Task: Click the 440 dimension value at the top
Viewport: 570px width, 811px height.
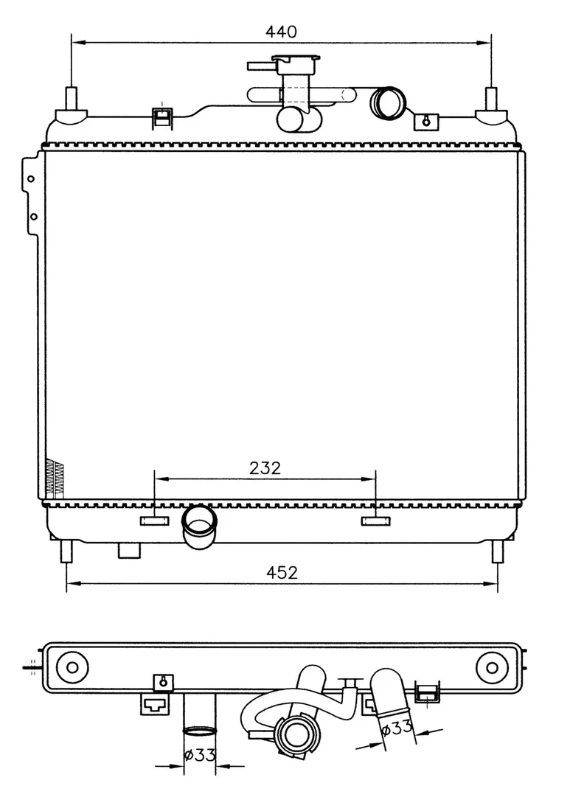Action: pos(282,32)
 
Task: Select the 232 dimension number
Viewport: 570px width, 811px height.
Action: pos(265,467)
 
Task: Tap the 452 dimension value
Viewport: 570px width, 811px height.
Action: pos(282,573)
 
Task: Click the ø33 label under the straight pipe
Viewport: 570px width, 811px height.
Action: pos(200,755)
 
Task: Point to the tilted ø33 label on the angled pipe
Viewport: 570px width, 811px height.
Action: pos(396,728)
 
